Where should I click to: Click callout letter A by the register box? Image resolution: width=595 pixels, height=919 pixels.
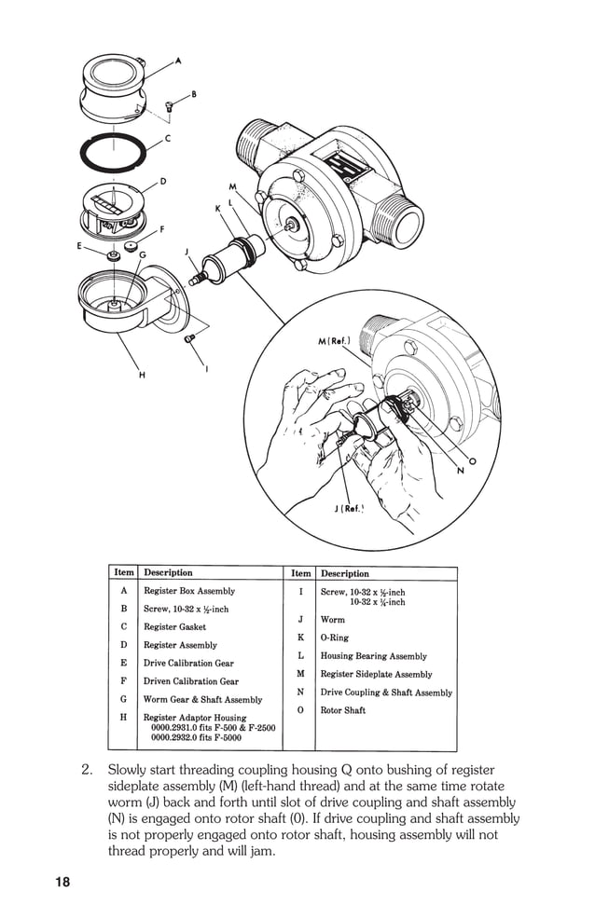178,61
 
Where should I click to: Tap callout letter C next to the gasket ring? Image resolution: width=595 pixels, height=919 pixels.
168,138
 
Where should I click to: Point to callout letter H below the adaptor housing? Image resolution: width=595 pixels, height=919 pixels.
142,375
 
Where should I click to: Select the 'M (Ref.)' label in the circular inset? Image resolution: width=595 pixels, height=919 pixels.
334,342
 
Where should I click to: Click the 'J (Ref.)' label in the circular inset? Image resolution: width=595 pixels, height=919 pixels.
348,509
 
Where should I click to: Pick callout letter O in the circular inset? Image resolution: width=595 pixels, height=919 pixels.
472,460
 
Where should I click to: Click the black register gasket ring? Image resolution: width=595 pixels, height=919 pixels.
114,152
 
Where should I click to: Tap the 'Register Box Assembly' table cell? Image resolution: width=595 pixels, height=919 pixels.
189,591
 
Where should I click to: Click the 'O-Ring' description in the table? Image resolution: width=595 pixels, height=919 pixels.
335,638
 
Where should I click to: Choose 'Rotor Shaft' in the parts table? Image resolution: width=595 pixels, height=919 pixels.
343,710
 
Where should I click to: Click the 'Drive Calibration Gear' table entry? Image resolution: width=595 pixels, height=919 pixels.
188,663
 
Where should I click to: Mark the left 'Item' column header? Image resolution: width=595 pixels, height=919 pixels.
124,572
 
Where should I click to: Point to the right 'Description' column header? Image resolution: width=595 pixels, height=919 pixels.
345,573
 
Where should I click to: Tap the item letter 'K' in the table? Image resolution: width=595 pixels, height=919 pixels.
300,638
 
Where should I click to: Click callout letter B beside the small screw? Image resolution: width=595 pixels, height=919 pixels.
194,94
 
